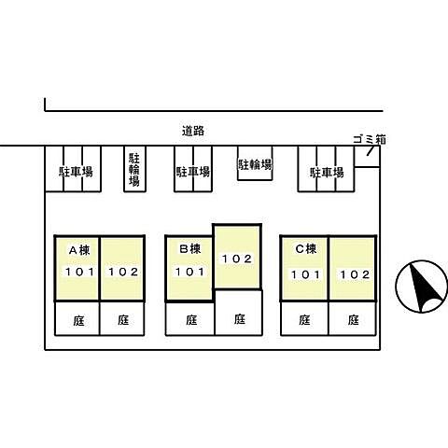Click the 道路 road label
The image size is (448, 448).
pos(193,131)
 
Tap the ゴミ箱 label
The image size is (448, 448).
pos(370,140)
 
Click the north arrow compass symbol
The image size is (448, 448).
pos(422,287)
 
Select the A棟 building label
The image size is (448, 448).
pos(79,250)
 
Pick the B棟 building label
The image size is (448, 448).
pos(190,248)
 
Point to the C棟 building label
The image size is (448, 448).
pos(306,248)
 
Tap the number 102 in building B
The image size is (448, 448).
pos(237,259)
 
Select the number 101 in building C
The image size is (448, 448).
pos(305,274)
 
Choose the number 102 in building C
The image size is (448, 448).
pos(355,274)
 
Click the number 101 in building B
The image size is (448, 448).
pos(189,272)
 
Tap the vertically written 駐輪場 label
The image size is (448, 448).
pos(134,170)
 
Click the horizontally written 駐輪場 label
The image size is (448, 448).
pos(255,164)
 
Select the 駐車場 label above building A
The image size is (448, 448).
pos(76,172)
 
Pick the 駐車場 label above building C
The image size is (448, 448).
pos(327,173)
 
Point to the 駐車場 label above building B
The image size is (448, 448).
pos(193,172)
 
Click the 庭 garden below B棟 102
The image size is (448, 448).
pos(240,319)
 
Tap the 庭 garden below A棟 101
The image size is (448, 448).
pos(78,320)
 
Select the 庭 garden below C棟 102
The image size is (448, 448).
pos(354,320)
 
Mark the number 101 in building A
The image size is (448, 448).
pos(79,272)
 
